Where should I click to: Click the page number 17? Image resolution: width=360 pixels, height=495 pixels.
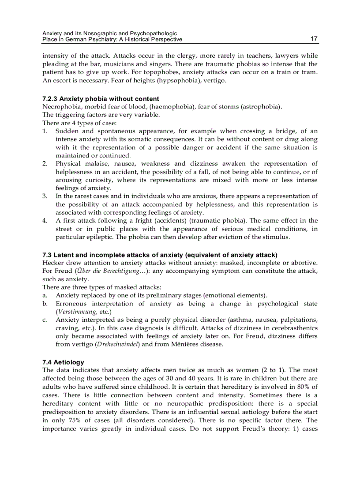coord(314,39)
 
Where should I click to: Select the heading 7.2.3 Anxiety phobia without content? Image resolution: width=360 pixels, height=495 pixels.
coord(101,99)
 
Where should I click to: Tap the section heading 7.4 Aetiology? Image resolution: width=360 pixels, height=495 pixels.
coord(63,362)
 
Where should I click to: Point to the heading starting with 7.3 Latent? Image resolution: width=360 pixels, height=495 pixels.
coord(160,255)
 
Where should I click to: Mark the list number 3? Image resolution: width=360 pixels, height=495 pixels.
coord(45,196)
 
